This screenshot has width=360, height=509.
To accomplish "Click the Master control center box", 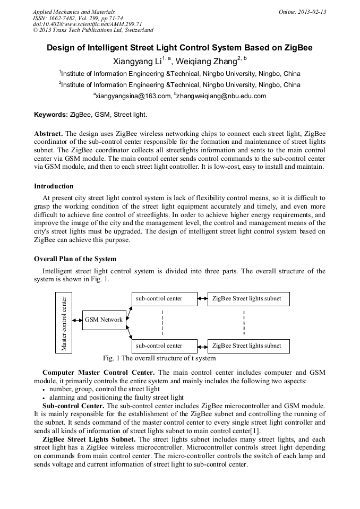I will (64, 323).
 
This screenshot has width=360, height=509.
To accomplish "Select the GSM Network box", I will (104, 320).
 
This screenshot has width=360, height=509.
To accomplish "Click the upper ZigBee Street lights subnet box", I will (248, 299).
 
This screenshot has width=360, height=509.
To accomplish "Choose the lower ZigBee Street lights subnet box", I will (248, 346).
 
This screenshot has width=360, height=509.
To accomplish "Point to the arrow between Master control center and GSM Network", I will (77, 320).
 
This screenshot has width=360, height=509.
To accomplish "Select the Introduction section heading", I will (54, 186).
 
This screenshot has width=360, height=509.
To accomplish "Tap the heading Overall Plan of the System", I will (75, 259).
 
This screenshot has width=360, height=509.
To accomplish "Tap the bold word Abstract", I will (48, 133).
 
